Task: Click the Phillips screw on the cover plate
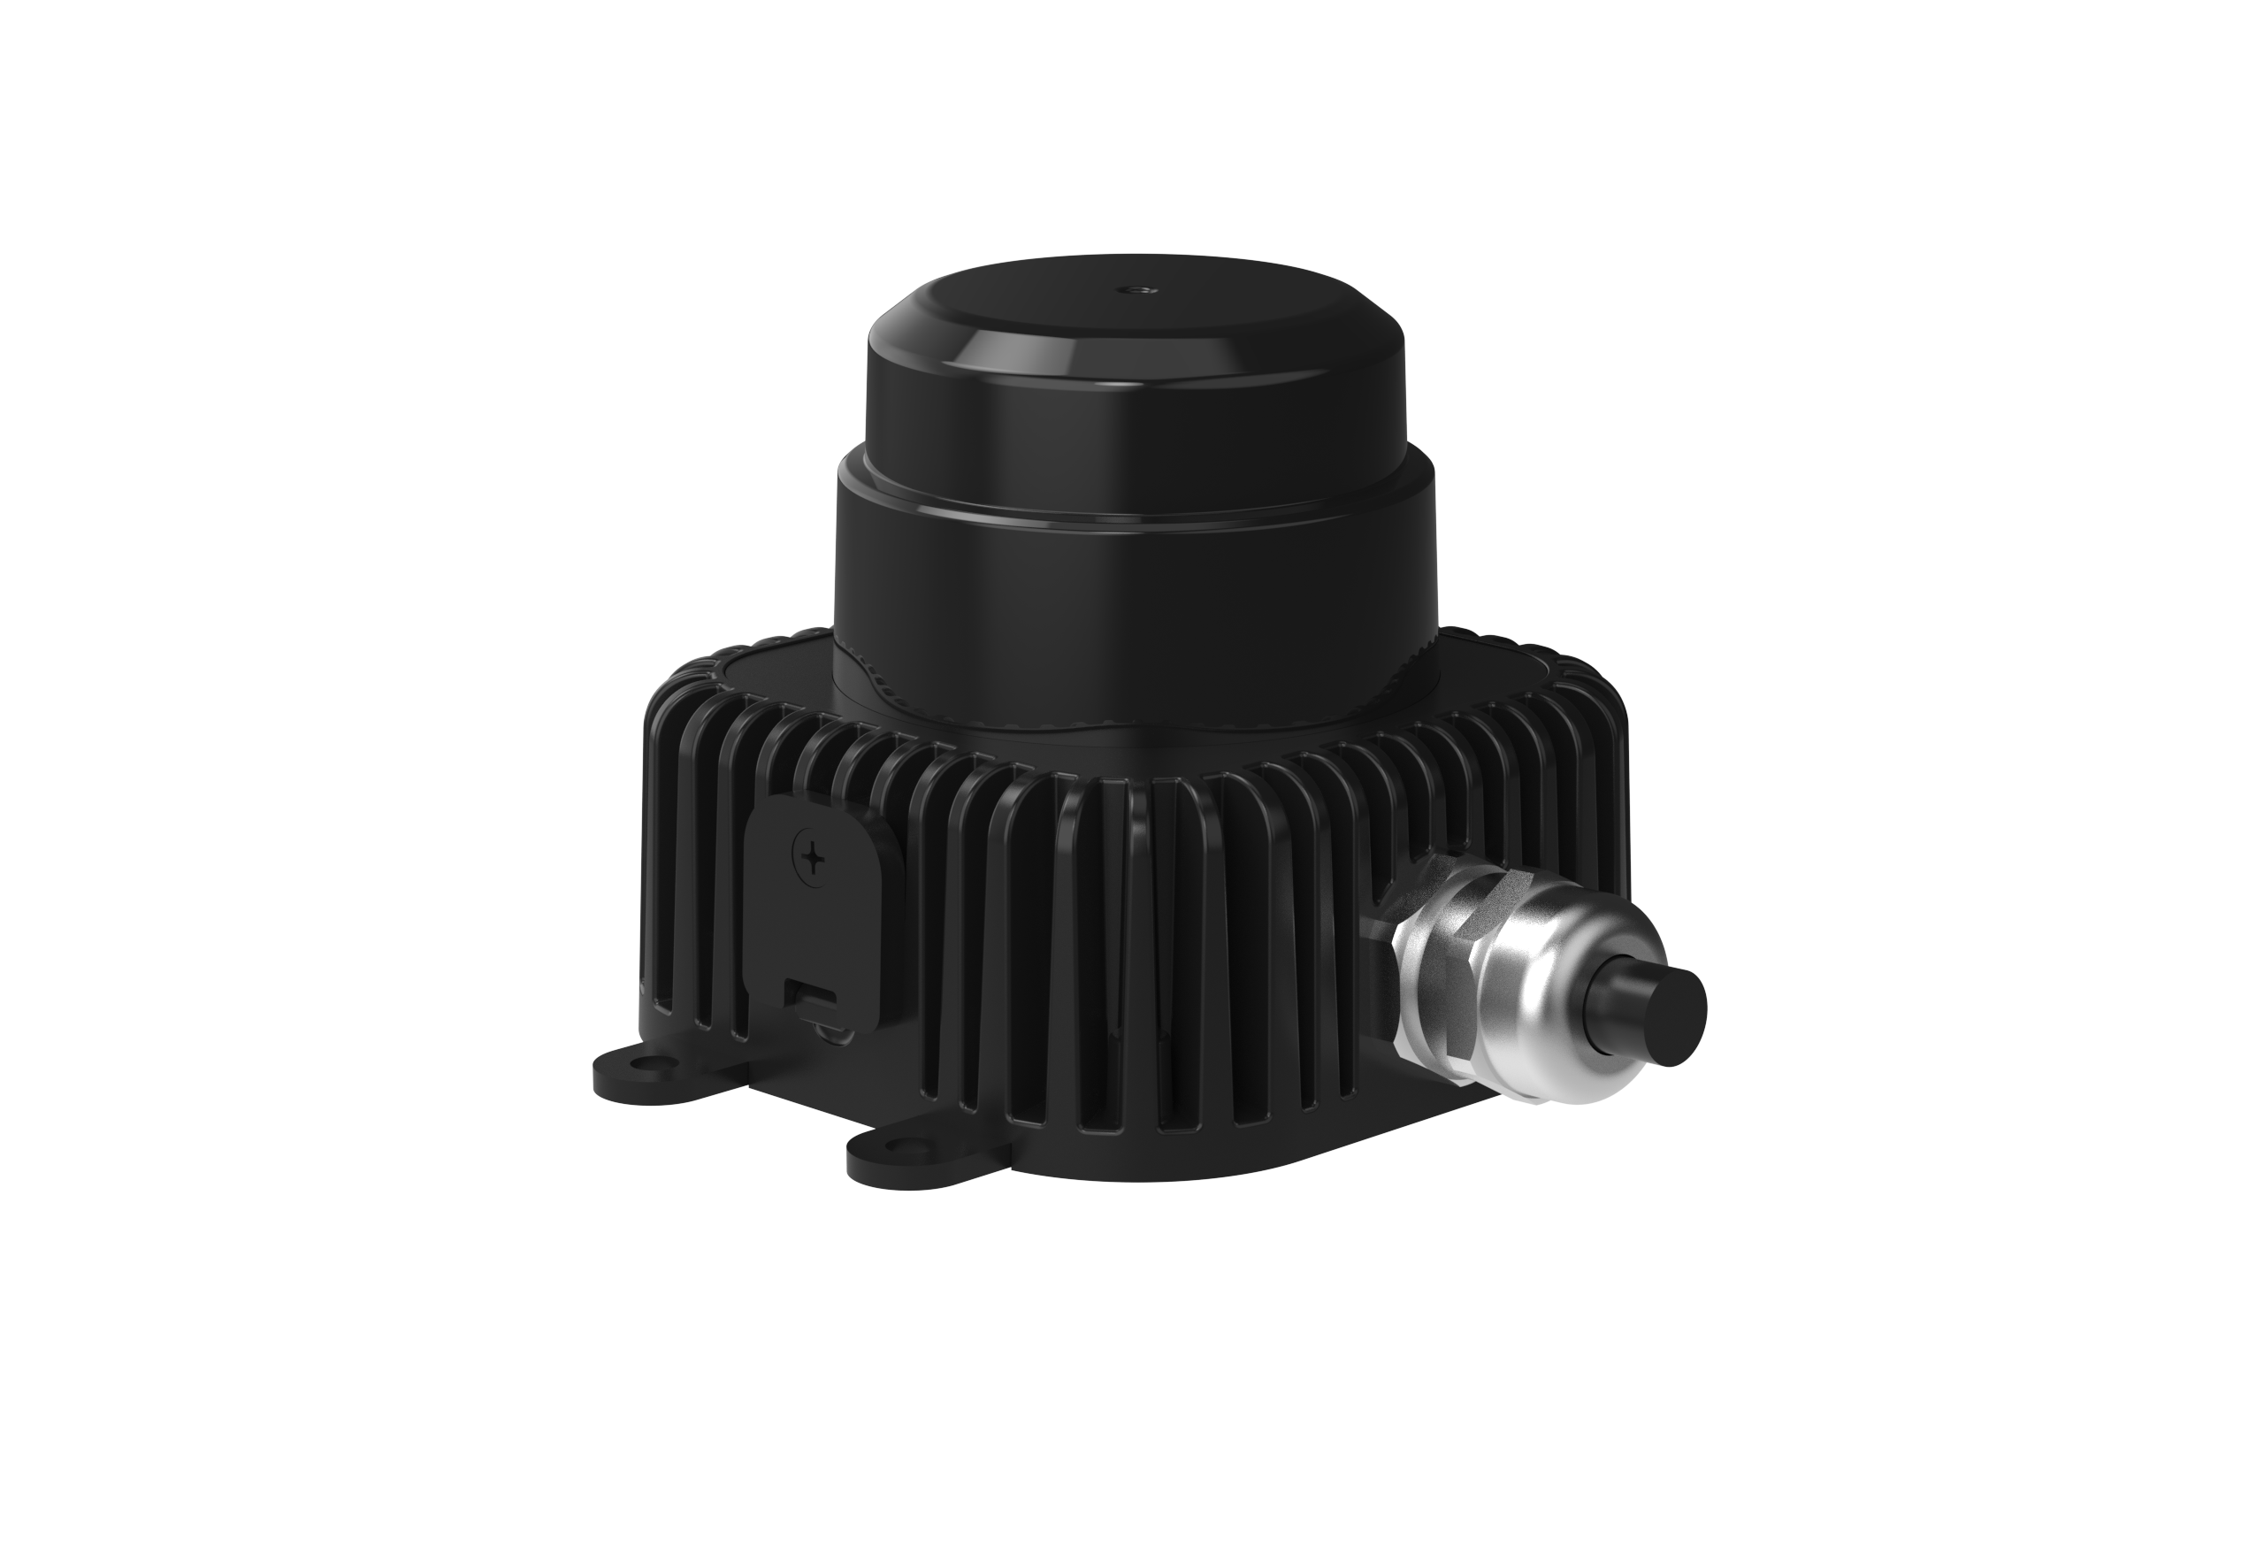click(812, 859)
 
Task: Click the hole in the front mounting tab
click(897, 1146)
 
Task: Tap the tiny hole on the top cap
click(1139, 290)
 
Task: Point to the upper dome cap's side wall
click(1136, 431)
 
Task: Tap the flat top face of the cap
click(1136, 303)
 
